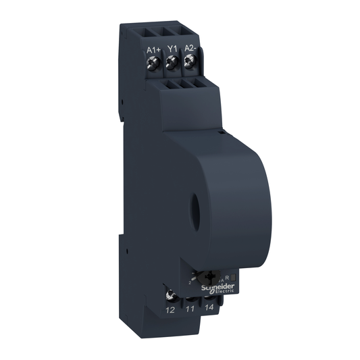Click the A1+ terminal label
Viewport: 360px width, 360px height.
[x=153, y=49]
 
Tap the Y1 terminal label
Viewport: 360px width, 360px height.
[x=172, y=49]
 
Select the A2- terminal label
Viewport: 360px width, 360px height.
[x=190, y=49]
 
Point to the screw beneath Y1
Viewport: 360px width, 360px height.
[x=172, y=63]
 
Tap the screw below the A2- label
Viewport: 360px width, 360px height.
[x=189, y=63]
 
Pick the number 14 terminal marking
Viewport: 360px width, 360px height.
[x=209, y=309]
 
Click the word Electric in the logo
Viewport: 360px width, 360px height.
[x=224, y=293]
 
